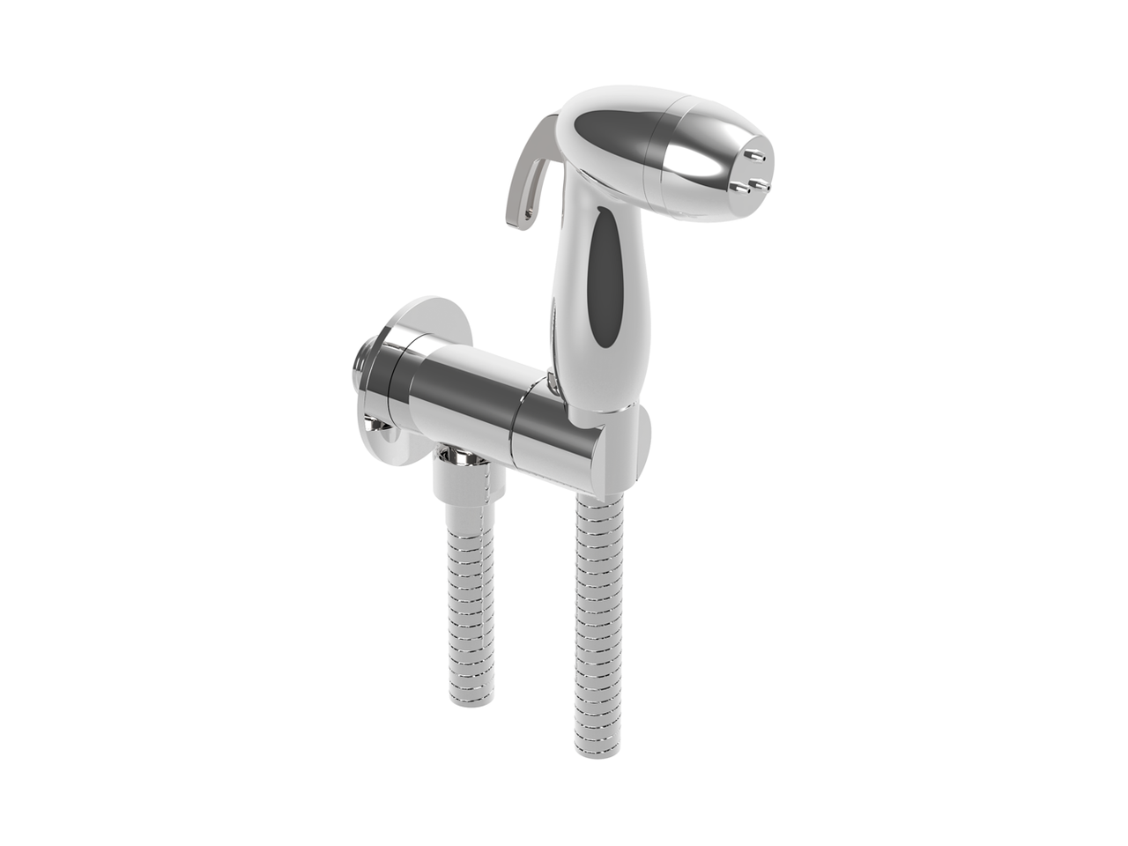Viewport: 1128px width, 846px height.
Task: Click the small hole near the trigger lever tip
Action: (x=528, y=211)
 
